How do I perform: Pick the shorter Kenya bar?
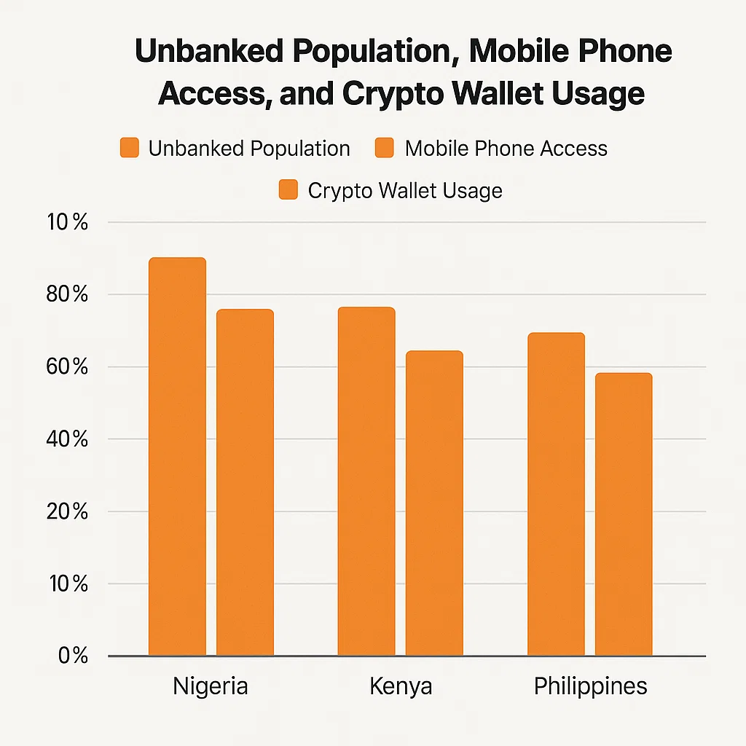(434, 503)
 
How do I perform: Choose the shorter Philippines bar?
(624, 514)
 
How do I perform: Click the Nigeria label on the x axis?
(211, 686)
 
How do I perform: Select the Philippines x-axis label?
(590, 687)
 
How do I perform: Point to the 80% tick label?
(67, 295)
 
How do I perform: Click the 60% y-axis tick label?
(67, 367)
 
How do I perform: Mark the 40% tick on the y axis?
(67, 439)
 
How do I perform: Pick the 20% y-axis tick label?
(67, 511)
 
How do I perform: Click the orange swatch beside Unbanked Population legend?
(129, 148)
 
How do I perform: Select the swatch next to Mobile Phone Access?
(385, 148)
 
